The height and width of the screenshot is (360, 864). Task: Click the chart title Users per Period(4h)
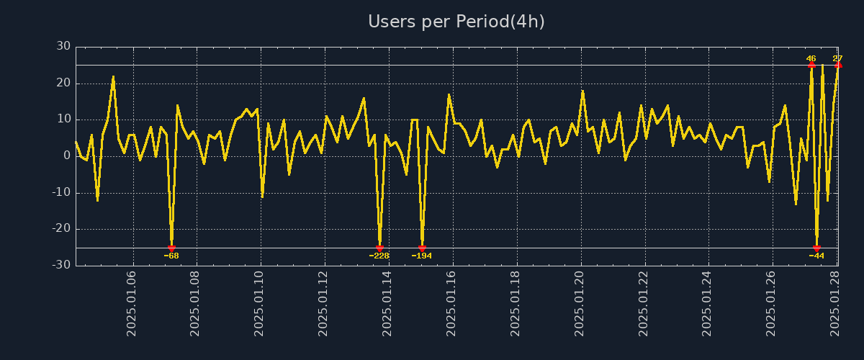pyautogui.click(x=456, y=22)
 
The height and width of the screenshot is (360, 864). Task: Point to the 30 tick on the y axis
pyautogui.click(x=63, y=47)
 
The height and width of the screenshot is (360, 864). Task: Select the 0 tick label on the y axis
pyautogui.click(x=67, y=156)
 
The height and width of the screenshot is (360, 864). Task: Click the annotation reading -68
pyautogui.click(x=171, y=256)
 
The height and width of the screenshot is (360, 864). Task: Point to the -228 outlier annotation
pyautogui.click(x=379, y=256)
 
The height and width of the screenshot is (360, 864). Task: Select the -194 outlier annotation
pyautogui.click(x=422, y=256)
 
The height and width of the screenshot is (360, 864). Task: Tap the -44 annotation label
pyautogui.click(x=816, y=256)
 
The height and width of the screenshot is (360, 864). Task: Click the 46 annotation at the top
pyautogui.click(x=811, y=58)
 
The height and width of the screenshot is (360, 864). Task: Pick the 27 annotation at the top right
pyautogui.click(x=837, y=58)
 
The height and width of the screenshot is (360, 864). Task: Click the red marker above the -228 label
pyautogui.click(x=379, y=248)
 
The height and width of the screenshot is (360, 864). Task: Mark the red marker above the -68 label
pyautogui.click(x=171, y=248)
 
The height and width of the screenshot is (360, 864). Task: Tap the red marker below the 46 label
pyautogui.click(x=811, y=65)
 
